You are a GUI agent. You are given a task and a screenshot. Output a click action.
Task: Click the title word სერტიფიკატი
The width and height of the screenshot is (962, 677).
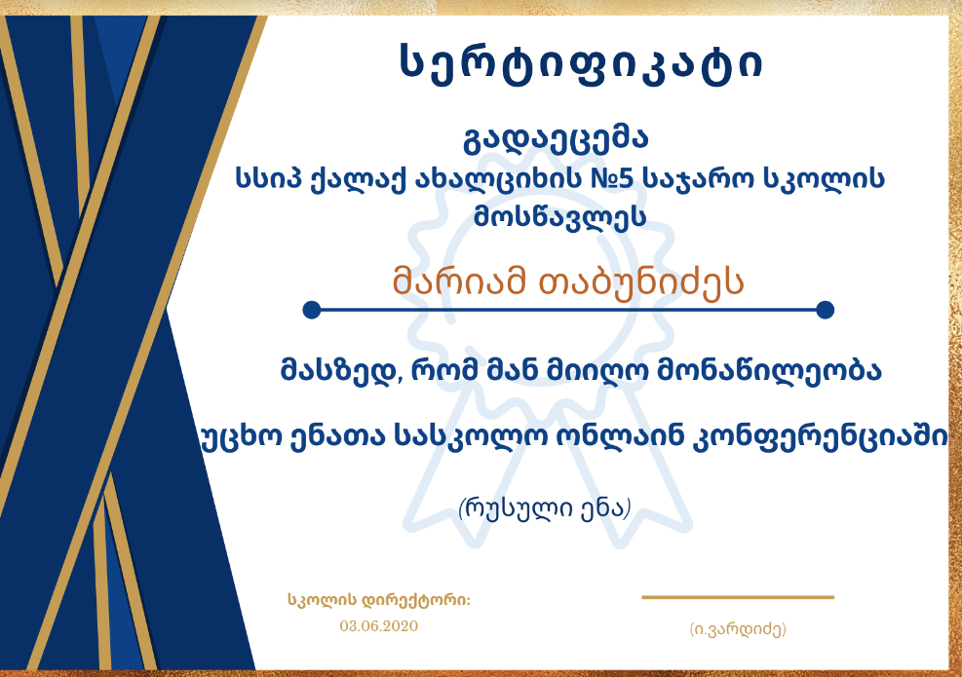pos(580,63)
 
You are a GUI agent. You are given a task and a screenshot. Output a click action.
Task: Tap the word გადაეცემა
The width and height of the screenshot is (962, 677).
pos(556,139)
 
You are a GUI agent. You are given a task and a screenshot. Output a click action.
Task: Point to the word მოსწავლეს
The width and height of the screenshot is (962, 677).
pos(559,217)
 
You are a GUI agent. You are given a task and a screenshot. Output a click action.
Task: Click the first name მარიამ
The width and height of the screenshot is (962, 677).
pos(459,282)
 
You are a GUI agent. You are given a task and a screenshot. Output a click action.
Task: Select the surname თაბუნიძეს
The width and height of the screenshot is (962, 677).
pos(640,282)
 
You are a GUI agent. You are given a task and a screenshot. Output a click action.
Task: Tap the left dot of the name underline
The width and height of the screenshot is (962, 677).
pos(312,310)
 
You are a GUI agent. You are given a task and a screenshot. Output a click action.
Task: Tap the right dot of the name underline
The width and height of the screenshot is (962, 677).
pos(826,310)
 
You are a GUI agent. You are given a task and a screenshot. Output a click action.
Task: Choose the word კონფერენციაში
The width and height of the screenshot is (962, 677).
pos(820,437)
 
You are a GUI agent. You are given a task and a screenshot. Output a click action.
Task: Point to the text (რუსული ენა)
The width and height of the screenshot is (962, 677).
pos(545,509)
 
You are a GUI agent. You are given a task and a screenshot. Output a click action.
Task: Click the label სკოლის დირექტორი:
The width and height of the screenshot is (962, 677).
pos(379,600)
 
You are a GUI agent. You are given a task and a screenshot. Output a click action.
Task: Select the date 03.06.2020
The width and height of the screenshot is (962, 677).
pos(378,626)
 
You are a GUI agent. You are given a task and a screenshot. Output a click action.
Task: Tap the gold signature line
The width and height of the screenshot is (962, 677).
pos(738,597)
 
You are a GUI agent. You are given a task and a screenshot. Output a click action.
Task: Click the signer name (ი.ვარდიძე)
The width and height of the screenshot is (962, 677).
pos(738,629)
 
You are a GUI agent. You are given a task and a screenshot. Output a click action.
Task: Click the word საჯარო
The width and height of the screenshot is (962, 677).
pos(698,179)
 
